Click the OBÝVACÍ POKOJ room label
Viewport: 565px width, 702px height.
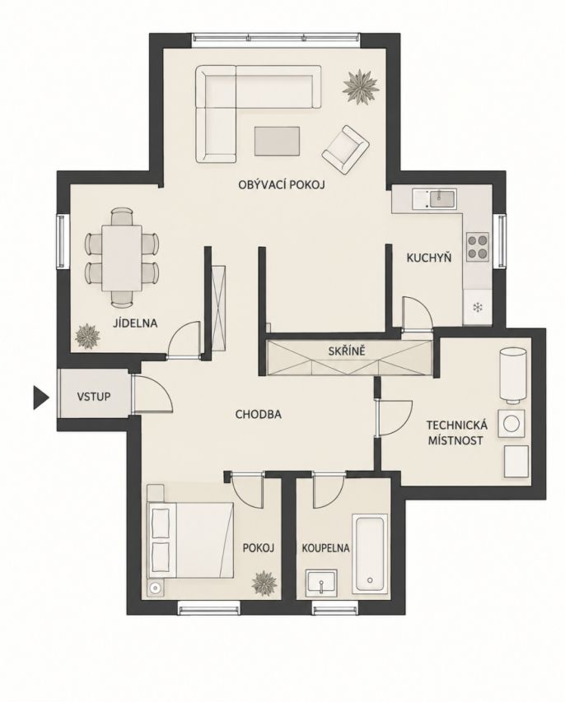(282, 184)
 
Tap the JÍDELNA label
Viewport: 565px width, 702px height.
(135, 323)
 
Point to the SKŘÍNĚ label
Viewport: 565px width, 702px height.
(347, 351)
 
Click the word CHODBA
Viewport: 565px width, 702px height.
(259, 415)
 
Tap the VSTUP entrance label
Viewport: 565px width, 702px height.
(94, 397)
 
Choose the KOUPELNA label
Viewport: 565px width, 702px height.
(325, 548)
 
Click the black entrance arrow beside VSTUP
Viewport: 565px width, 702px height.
(40, 397)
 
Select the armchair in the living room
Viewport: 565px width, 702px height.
(345, 150)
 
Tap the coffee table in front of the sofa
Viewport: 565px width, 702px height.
(278, 141)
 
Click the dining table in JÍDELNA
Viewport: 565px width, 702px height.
(122, 258)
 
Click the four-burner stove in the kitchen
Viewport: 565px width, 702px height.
(478, 247)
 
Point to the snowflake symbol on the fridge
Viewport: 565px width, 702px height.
(478, 308)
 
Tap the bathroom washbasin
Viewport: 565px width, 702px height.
(321, 583)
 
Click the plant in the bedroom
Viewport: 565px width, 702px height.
(264, 583)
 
